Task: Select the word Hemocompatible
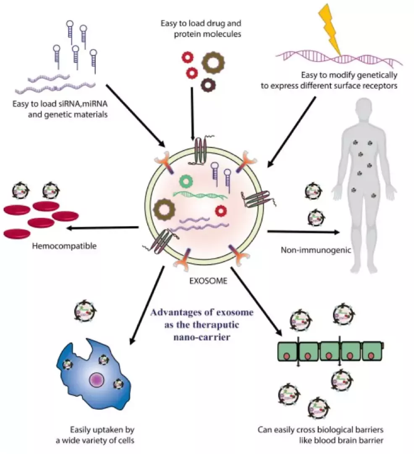65,246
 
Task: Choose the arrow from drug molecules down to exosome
192,113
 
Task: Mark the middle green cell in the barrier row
330,352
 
